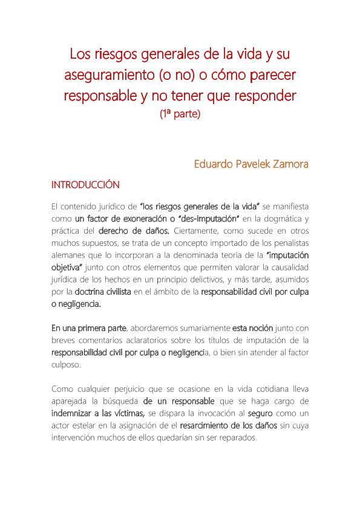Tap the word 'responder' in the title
[x=266, y=95]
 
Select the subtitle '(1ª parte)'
[x=180, y=113]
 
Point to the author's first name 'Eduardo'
[x=215, y=164]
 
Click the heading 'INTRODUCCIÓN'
[x=85, y=185]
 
